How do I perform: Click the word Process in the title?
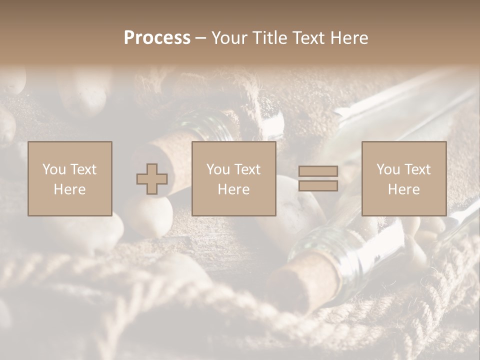157,38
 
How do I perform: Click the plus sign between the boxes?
152,179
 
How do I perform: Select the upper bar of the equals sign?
318,171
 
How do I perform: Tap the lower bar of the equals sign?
318,186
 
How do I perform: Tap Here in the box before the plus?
70,189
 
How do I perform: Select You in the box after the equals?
388,169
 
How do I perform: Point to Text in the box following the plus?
247,169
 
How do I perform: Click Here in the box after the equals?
404,189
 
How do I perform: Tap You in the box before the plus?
54,169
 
